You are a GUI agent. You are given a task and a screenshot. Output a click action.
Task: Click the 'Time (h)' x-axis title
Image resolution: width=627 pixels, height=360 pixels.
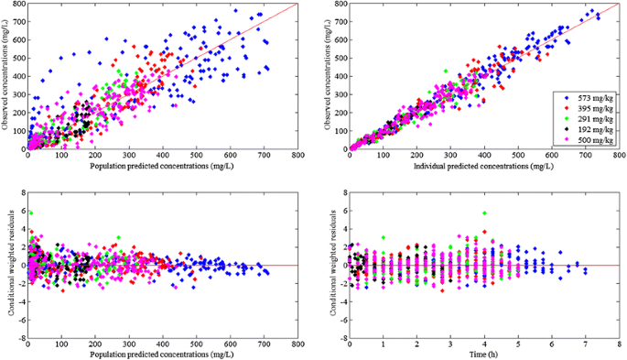(x=484, y=353)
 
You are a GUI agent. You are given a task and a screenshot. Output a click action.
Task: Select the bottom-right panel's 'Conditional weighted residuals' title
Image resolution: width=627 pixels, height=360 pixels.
(x=333, y=266)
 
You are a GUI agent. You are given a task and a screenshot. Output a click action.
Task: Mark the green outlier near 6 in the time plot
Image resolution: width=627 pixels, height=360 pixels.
(x=484, y=213)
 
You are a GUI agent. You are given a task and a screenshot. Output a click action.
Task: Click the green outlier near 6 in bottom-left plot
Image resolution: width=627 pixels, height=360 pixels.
(x=29, y=213)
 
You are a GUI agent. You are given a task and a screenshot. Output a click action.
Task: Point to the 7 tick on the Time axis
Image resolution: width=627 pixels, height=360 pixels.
(x=586, y=344)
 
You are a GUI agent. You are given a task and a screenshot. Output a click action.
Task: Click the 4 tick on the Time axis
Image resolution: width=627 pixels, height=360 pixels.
(x=484, y=344)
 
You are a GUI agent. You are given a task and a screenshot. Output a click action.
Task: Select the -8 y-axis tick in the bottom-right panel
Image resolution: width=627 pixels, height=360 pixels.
(x=341, y=336)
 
